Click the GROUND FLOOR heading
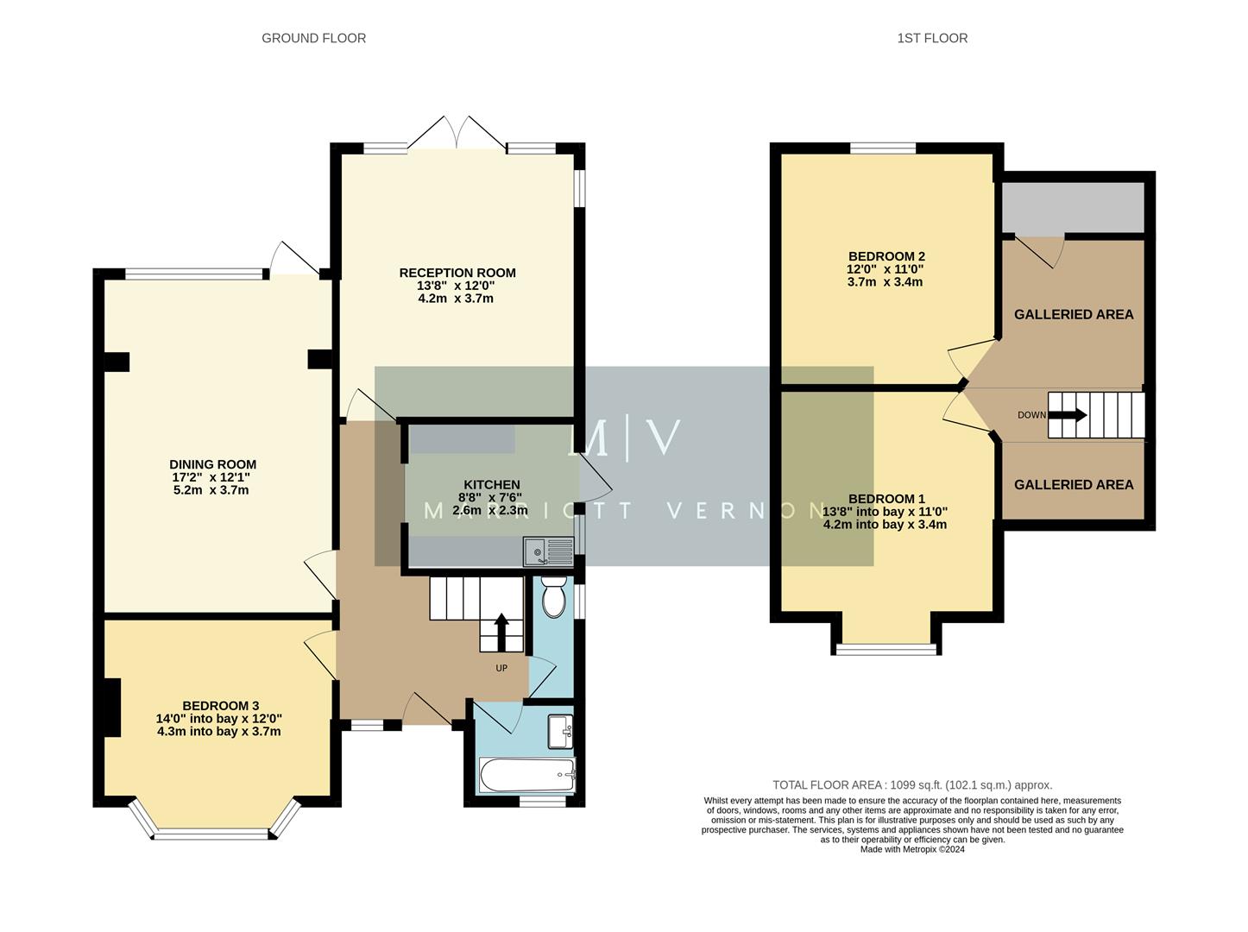(313, 38)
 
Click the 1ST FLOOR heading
(932, 38)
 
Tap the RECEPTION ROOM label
(457, 274)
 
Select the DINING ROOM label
(212, 464)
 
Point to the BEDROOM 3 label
(219, 705)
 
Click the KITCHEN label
(491, 485)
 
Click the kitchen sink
(548, 551)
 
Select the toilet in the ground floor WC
(553, 597)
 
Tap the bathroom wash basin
(561, 732)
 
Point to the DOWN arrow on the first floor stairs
(1068, 415)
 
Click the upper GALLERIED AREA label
(1073, 315)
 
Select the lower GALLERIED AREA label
(1073, 485)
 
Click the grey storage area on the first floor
(1072, 206)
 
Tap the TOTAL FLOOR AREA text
(911, 785)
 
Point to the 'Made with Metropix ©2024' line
(911, 849)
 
